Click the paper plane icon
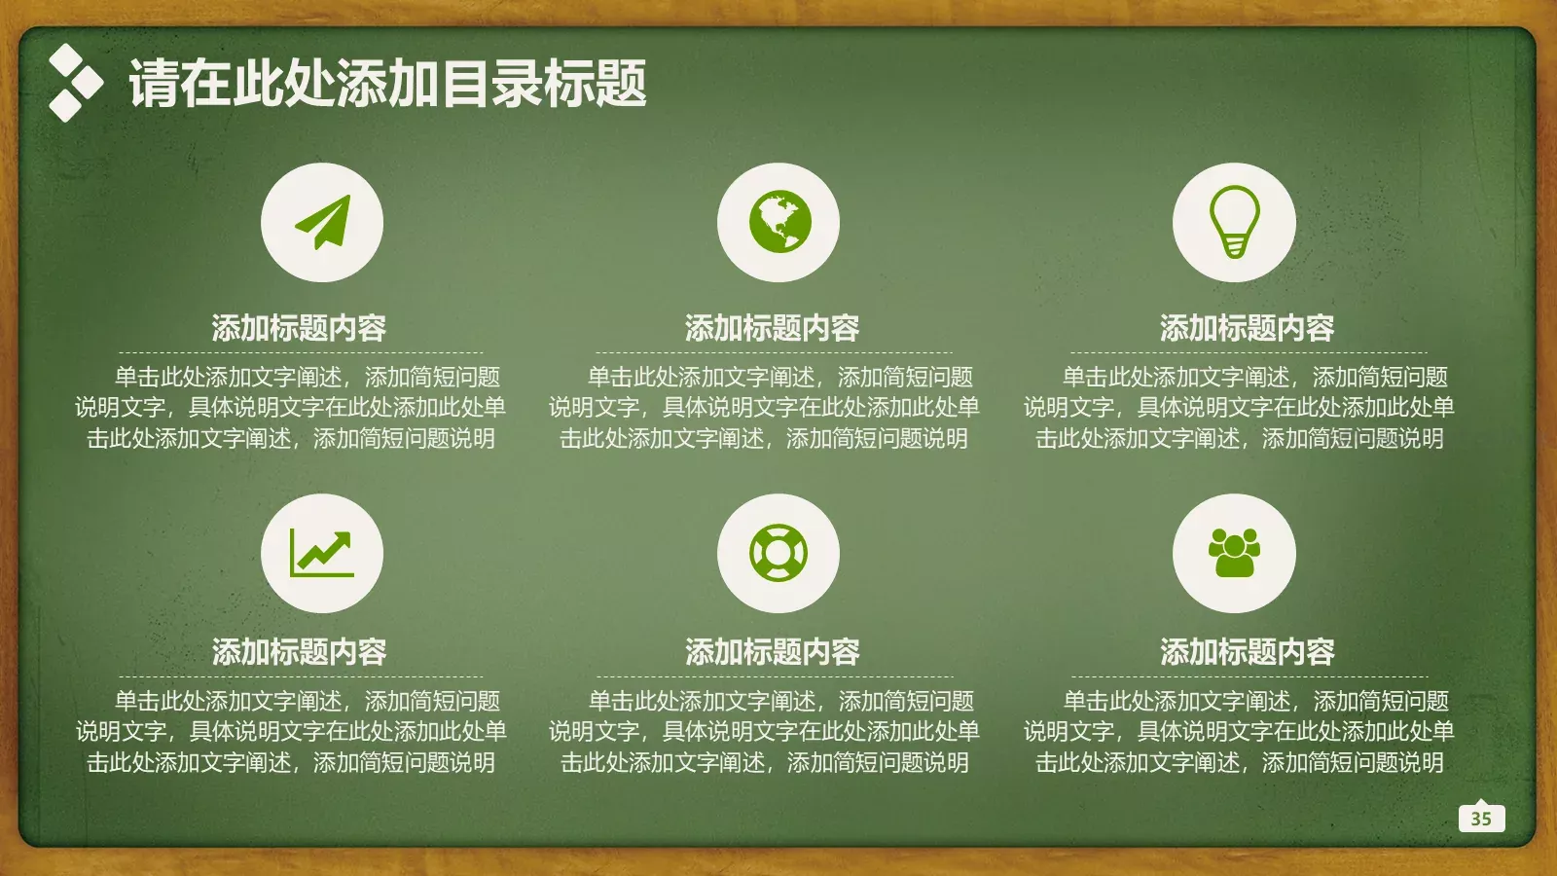[322, 222]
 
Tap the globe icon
[778, 222]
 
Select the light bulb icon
[1234, 222]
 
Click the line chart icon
[322, 553]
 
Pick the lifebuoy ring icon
[778, 553]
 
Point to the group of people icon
[1234, 553]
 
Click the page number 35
[1481, 819]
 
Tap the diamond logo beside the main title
[74, 83]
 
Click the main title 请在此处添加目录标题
[387, 83]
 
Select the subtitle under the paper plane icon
[299, 328]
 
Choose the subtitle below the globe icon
[772, 328]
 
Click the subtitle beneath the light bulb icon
[1247, 328]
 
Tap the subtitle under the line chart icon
[299, 651]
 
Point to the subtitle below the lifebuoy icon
[772, 651]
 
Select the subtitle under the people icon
[1247, 651]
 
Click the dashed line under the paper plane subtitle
[301, 352]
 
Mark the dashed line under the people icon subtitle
[1249, 676]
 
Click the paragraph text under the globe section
[764, 408]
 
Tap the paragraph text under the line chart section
[291, 732]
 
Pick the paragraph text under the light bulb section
[1239, 408]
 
